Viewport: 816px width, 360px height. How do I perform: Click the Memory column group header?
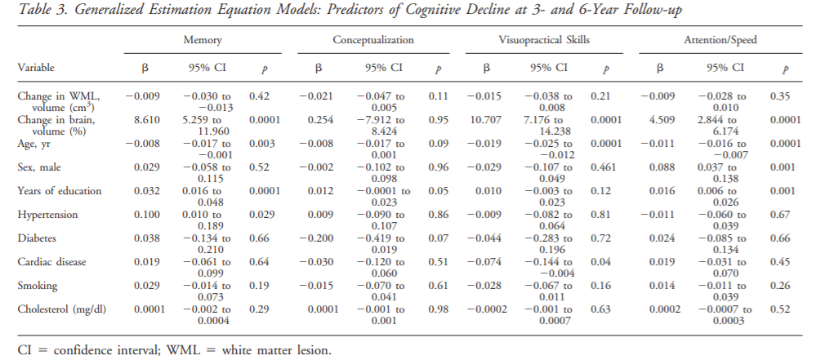203,40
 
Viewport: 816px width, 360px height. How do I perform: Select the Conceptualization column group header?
372,40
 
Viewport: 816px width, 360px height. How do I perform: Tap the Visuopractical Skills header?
544,40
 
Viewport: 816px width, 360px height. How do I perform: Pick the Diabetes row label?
38,238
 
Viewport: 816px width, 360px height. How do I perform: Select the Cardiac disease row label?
51,261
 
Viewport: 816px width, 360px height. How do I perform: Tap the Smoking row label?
38,285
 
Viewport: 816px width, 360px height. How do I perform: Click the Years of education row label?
59,190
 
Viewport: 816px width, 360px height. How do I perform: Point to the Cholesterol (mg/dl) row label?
62,309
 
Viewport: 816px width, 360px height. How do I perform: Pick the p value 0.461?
604,167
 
